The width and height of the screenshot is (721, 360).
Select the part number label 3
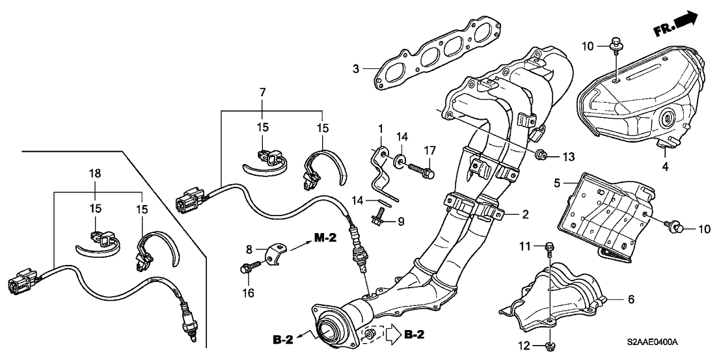[x=356, y=68]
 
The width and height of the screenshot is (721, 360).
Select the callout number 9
[x=400, y=222]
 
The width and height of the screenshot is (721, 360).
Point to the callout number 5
[x=557, y=183]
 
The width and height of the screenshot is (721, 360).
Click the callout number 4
[x=664, y=166]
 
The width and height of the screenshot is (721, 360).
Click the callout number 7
[x=262, y=94]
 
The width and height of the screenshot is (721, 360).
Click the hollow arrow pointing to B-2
[x=392, y=335]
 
